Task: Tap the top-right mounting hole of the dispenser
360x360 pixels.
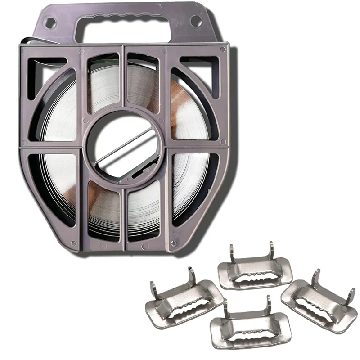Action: [195, 20]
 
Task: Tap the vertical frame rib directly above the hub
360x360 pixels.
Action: [123, 85]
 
